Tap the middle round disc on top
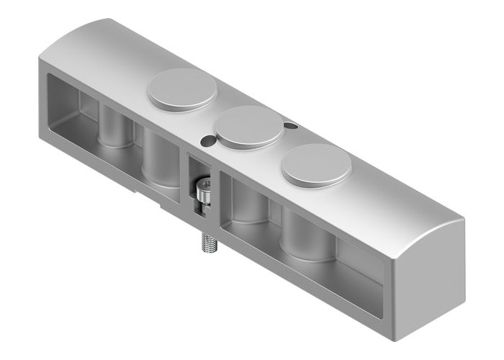250,127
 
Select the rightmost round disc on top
316,164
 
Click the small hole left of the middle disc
207,140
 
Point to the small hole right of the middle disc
291,127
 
